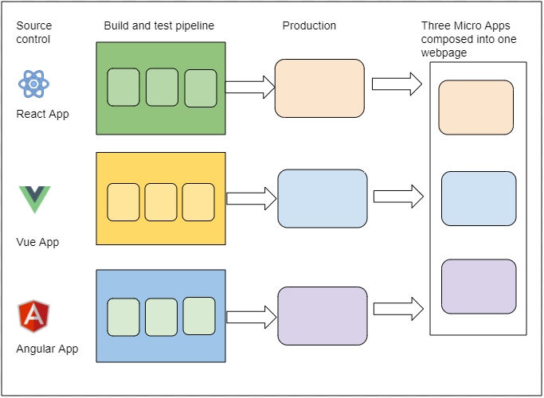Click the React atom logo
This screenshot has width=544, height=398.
coord(34,84)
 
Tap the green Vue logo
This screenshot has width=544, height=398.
coord(34,199)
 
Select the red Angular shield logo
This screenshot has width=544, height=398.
coord(34,315)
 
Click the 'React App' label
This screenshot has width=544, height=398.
coord(42,114)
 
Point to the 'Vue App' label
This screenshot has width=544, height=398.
coord(38,242)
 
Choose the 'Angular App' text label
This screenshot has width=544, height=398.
coord(47,349)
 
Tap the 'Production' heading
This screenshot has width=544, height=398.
coord(309,25)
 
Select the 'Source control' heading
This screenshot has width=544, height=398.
coord(33,33)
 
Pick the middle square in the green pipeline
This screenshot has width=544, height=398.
coord(162,88)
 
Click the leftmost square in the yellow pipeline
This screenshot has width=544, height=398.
coord(123,201)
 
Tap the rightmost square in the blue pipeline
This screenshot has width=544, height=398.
coord(199,316)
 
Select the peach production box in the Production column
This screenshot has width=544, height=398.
coord(319,88)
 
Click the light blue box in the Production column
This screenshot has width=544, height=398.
coord(322,198)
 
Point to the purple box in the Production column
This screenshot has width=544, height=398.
coord(322,316)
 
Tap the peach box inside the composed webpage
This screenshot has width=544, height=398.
coord(476,107)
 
